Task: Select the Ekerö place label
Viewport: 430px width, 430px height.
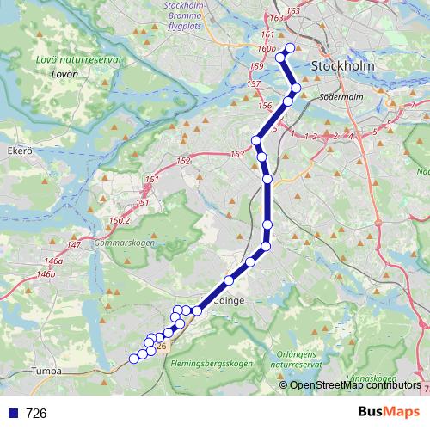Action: click(19, 150)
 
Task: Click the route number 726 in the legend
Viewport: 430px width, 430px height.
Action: click(36, 414)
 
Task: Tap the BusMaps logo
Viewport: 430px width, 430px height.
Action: click(389, 413)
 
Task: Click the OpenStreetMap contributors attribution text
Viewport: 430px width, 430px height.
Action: click(355, 384)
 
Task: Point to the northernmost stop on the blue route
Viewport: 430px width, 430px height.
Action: click(290, 47)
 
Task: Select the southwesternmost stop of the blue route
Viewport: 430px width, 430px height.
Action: click(133, 358)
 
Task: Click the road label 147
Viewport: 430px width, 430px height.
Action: click(74, 246)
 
